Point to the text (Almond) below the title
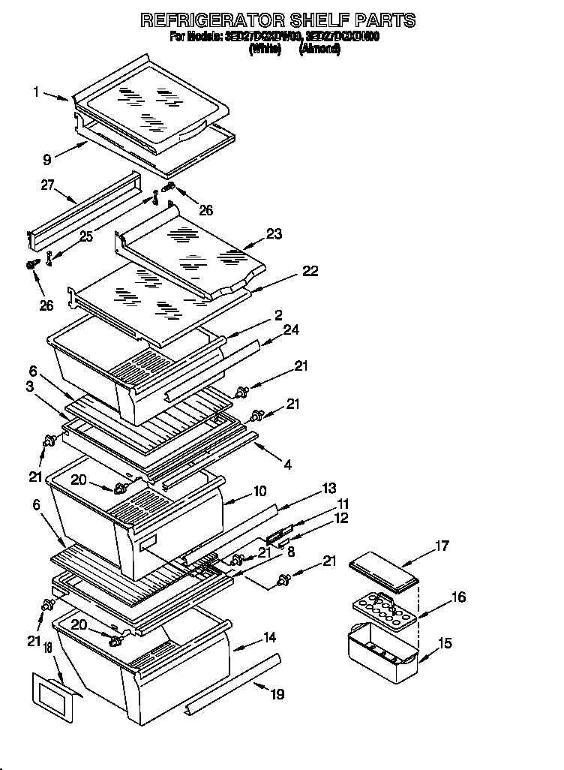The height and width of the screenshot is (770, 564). coord(320,49)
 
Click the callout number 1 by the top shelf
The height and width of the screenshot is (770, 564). coord(35,92)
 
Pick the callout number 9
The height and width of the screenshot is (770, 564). coord(46,158)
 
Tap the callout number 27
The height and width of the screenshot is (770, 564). coord(47,185)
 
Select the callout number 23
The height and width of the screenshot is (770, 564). coord(274,234)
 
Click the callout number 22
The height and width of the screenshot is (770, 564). coord(309,271)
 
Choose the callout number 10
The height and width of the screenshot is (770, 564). coord(259,492)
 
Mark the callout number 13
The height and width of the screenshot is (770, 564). coord(328,488)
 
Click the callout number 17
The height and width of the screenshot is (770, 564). coord(442,546)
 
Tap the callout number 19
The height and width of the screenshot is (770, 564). coord(277,694)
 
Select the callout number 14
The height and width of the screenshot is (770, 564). coord(269,637)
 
